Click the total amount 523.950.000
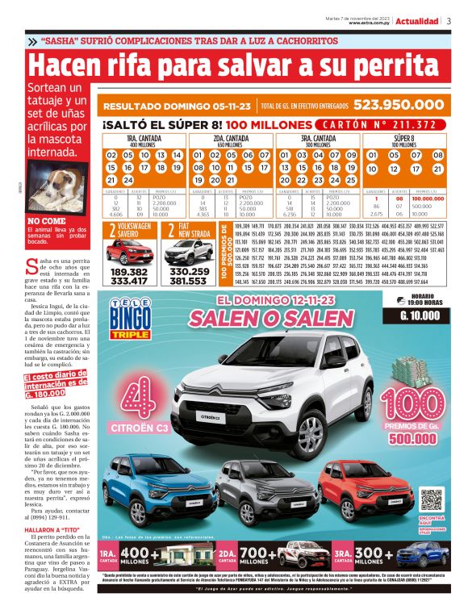pyautogui.click(x=397, y=105)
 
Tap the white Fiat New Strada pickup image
pyautogui.click(x=189, y=252)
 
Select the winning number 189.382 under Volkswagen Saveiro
pyautogui.click(x=128, y=273)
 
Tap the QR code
pyautogui.click(x=430, y=503)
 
